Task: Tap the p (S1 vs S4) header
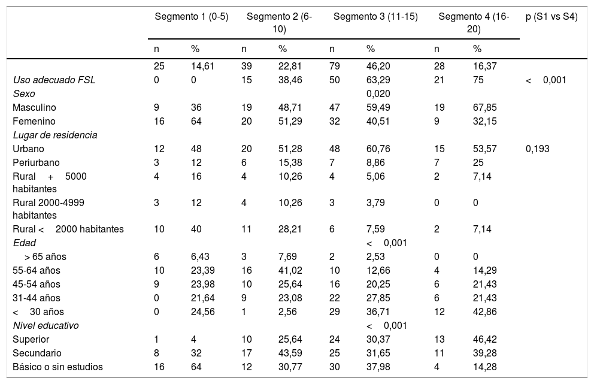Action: click(x=551, y=17)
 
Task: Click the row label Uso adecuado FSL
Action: click(x=54, y=80)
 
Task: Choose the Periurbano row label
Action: click(x=35, y=162)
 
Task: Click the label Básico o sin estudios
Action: click(x=57, y=367)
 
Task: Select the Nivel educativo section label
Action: click(x=46, y=325)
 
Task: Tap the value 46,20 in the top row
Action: click(x=378, y=66)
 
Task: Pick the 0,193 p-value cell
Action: click(x=537, y=149)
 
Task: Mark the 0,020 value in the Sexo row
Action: click(x=378, y=93)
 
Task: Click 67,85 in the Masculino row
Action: click(x=484, y=107)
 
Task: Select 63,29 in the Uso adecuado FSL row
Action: click(x=378, y=80)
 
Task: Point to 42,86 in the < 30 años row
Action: click(x=484, y=312)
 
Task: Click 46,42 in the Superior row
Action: click(x=484, y=339)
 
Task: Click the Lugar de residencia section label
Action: click(x=54, y=135)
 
